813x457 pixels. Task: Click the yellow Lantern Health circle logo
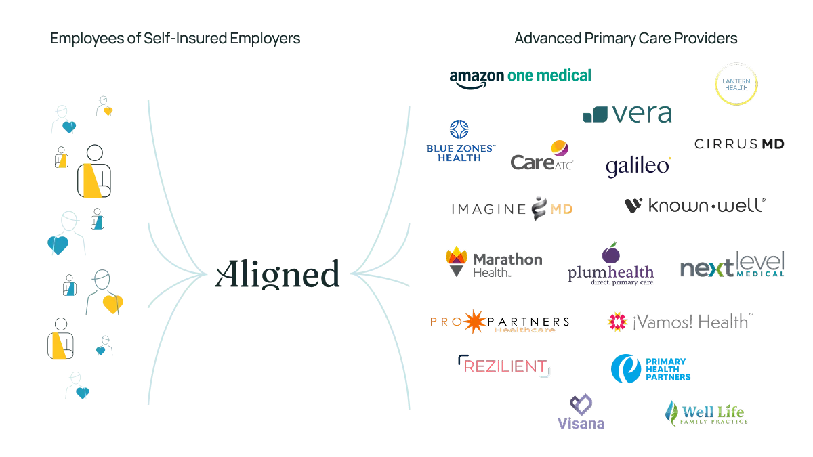(736, 85)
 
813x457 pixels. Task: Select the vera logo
(627, 114)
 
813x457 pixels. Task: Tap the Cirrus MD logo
(739, 144)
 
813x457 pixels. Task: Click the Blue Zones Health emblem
(461, 129)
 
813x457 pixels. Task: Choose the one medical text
(547, 74)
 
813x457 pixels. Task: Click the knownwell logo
(692, 206)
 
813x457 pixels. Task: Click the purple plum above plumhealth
(610, 255)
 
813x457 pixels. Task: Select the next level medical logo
(732, 264)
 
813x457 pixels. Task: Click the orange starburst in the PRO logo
(475, 322)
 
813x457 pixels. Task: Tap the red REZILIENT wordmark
(504, 366)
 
